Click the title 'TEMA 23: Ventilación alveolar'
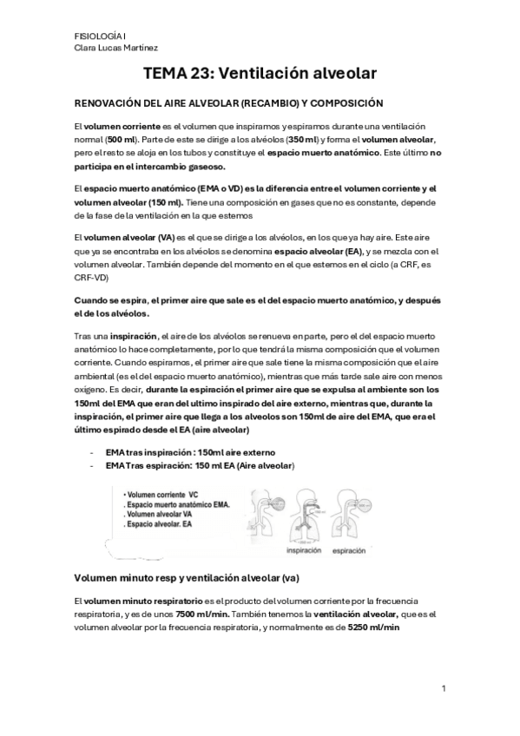tap(260, 76)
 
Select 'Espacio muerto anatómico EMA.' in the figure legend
tap(178, 504)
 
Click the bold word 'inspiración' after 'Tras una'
tap(132, 335)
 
